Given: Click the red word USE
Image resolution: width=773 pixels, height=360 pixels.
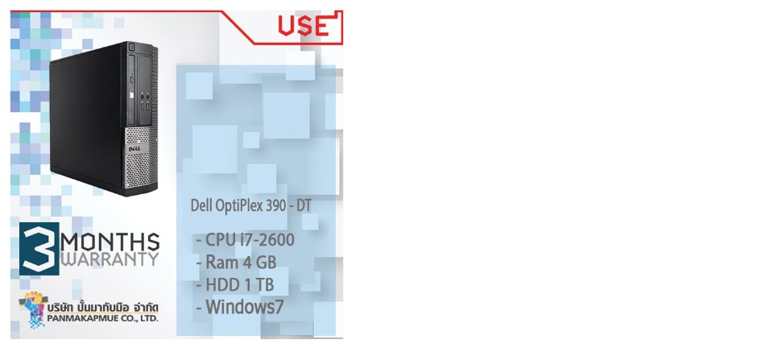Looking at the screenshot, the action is pos(304,26).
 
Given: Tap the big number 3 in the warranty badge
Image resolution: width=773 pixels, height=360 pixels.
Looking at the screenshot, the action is pos(39,249).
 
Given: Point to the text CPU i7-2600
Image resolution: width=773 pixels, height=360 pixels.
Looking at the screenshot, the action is pos(250,240).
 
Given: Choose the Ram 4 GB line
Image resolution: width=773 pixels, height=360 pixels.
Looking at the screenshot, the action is pos(241,263).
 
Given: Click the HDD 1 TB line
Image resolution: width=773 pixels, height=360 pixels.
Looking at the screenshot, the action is pos(240,285).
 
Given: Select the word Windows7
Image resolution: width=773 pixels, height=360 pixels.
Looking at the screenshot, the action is pos(245,307).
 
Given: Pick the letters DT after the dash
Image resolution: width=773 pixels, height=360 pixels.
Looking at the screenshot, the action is pos(304,206).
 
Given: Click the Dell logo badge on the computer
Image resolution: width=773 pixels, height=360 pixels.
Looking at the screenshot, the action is pos(135,147).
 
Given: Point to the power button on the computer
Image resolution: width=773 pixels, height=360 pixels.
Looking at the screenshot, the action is pos(132,48).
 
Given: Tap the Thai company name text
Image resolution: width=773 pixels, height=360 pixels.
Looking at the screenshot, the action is pos(103,307).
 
